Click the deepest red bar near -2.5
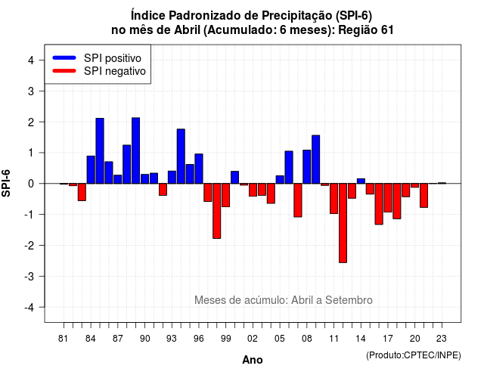coord(343,223)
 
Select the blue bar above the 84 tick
coord(91,169)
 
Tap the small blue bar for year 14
coord(361,181)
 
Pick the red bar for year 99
coord(225,195)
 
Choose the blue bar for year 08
coord(307,166)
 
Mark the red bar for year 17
coord(388,198)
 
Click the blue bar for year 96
coord(199,169)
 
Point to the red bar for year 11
coord(334,199)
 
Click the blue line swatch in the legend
coord(64,57)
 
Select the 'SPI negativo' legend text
coord(115,71)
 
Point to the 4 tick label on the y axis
coord(31,60)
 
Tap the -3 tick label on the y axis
coord(29,277)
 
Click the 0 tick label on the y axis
coord(31,184)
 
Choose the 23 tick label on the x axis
coord(442,339)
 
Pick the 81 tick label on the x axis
coord(63,339)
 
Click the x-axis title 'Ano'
coord(253,360)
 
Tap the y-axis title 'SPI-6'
coord(6,183)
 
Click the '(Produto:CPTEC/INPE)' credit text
coord(414,355)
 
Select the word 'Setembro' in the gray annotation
coord(349,300)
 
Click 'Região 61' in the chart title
coord(366,30)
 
